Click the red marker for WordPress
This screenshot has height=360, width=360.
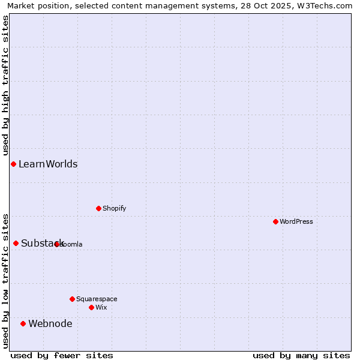point(275,221)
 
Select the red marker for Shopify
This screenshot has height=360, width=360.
point(98,208)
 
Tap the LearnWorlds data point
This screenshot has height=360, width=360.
point(13,164)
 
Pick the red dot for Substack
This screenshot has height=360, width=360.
point(16,243)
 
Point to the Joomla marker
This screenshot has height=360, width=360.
point(57,244)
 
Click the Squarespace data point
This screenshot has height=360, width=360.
point(72,299)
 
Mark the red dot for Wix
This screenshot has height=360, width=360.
point(91,307)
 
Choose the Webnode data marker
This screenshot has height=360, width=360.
point(23,323)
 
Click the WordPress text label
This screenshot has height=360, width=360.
point(296,221)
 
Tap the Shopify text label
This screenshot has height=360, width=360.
point(115,208)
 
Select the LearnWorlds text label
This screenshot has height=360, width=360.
point(48,164)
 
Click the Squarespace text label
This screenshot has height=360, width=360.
point(97,299)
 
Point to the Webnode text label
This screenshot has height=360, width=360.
point(50,324)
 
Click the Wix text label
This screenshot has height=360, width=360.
point(101,307)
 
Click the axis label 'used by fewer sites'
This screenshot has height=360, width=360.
point(62,355)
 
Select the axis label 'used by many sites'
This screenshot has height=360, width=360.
point(301,355)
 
